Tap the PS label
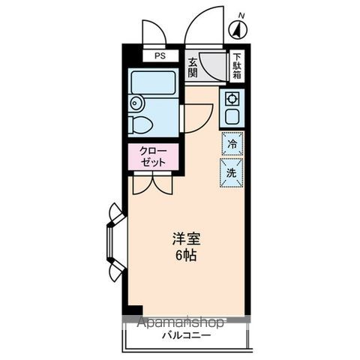159,56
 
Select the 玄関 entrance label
192,68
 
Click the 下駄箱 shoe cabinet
237,67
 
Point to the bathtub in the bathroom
153,82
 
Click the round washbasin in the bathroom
136,103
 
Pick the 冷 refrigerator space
232,143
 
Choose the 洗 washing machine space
232,171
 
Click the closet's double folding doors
152,182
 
